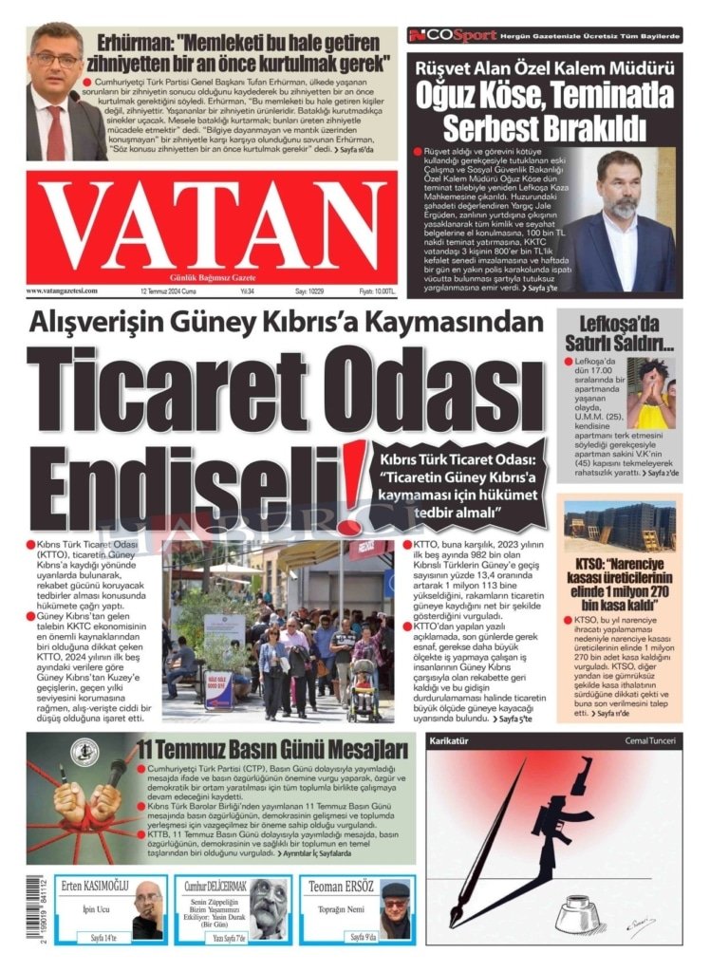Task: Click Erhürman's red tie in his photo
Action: (55, 133)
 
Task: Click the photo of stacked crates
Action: (619, 528)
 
